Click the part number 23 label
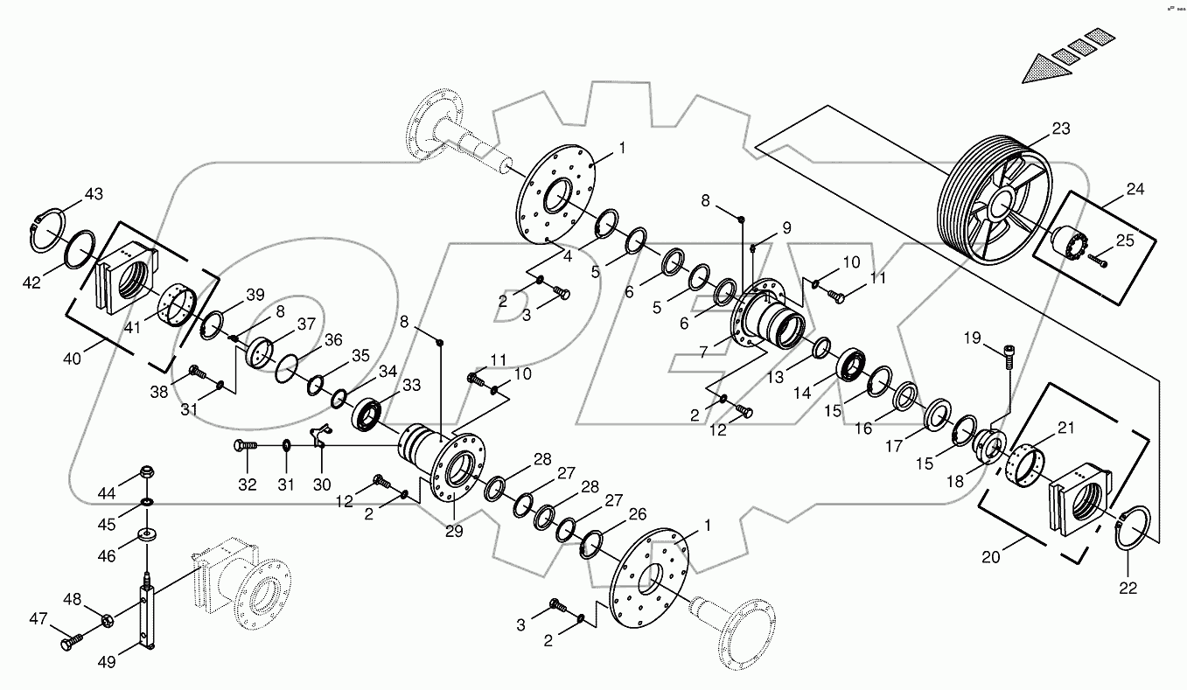tap(1060, 129)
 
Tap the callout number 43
tap(94, 193)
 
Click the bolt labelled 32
tap(246, 446)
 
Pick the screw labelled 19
tap(1011, 354)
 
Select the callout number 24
tap(1135, 189)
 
